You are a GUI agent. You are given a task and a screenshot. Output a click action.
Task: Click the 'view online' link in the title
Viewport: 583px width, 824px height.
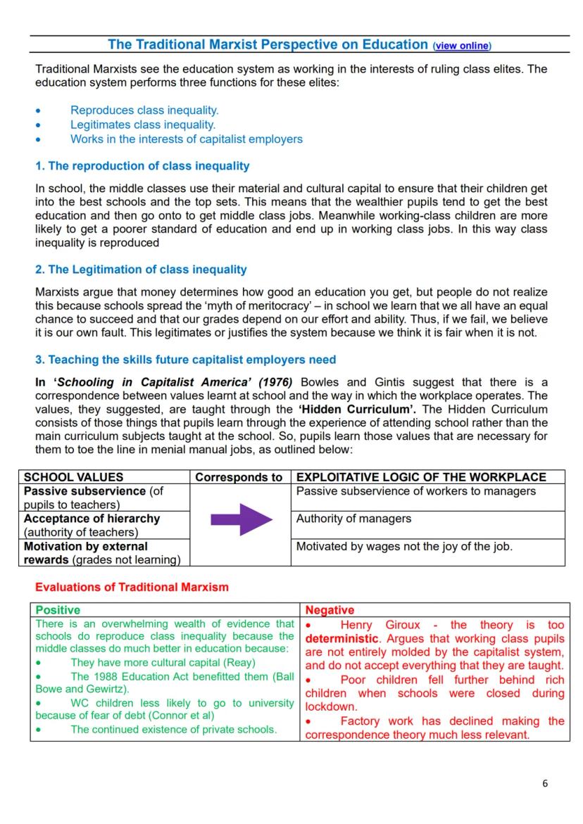(462, 46)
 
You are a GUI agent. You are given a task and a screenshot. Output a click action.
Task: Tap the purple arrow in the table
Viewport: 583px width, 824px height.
(241, 519)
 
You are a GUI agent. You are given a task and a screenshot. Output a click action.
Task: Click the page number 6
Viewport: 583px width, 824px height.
(544, 783)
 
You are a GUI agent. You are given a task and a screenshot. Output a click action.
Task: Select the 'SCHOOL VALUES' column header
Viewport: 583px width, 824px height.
(73, 477)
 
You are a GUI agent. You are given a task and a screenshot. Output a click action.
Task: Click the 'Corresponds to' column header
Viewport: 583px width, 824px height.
(239, 477)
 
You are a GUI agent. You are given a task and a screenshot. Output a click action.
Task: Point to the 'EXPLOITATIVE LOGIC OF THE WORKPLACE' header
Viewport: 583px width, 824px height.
(421, 477)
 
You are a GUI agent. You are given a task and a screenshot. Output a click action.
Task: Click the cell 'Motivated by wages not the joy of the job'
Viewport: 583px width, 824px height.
(404, 546)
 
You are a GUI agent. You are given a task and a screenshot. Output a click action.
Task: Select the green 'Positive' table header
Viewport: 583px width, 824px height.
(58, 610)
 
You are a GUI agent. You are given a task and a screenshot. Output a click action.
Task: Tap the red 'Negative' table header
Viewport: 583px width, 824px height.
(330, 610)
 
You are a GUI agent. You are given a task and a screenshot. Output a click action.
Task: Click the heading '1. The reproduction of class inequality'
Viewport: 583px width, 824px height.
(142, 166)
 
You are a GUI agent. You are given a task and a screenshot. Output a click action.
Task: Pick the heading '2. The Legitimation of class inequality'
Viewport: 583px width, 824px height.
(141, 270)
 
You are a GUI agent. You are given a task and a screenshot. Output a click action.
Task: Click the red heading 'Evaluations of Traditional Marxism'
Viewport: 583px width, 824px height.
(132, 587)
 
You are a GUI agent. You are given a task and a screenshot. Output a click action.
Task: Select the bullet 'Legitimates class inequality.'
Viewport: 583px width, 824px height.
(143, 125)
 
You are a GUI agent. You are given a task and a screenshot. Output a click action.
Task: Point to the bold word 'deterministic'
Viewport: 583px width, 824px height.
(341, 639)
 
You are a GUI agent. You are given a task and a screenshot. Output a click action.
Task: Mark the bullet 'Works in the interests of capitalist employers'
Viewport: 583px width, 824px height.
(186, 139)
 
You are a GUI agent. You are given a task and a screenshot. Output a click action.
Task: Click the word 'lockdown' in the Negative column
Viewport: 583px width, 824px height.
(331, 706)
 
